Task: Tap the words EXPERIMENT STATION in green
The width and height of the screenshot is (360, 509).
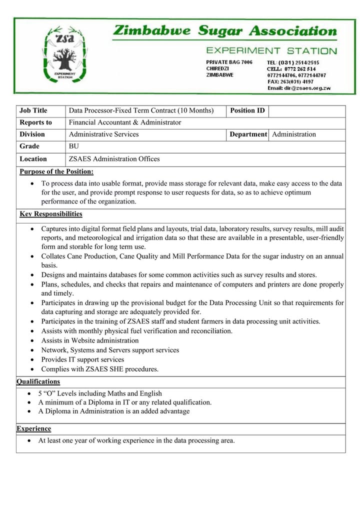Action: click(x=271, y=50)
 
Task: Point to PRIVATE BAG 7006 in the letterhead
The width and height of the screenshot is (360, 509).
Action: click(x=229, y=62)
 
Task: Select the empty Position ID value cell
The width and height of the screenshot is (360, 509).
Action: click(x=306, y=110)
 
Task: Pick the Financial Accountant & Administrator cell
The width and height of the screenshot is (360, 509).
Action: click(x=125, y=122)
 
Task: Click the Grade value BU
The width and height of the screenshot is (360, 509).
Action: click(x=74, y=146)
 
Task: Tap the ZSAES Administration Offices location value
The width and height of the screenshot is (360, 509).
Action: click(x=114, y=159)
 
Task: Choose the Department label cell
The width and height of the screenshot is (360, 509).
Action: click(x=248, y=134)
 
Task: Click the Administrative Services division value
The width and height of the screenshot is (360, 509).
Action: click(x=104, y=134)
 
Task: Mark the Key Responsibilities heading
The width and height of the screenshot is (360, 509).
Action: click(x=51, y=214)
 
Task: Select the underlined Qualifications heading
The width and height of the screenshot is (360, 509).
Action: click(x=38, y=381)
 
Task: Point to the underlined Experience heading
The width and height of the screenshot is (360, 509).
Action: click(x=33, y=428)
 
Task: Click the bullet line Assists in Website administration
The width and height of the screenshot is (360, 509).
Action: click(x=90, y=340)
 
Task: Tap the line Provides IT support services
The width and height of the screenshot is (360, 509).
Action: click(x=82, y=359)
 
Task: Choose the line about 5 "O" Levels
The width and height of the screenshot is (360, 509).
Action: click(x=100, y=393)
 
